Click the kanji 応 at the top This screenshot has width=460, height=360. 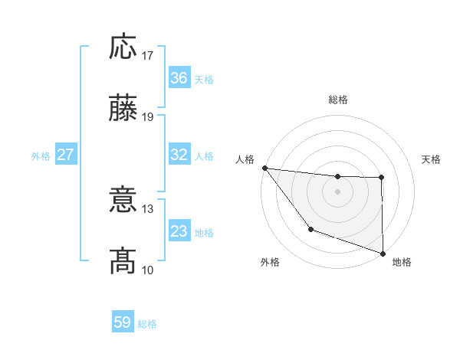[x=123, y=47]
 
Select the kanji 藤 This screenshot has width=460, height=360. [x=123, y=109]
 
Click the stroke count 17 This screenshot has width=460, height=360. [x=149, y=56]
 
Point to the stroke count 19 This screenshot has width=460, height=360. [x=149, y=117]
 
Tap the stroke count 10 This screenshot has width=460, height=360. [x=149, y=270]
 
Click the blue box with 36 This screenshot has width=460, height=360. [x=179, y=78]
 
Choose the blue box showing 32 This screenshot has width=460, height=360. [x=179, y=155]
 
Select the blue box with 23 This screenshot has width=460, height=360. [x=179, y=231]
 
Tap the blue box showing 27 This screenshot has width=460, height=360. [x=65, y=155]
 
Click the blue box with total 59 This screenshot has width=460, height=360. [x=123, y=322]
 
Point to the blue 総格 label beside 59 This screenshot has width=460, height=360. [x=147, y=324]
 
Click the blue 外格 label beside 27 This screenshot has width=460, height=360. [x=41, y=156]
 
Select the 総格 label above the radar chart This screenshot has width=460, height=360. [x=338, y=100]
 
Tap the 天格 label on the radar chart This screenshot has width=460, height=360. [x=431, y=159]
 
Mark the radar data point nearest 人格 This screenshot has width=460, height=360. [x=264, y=168]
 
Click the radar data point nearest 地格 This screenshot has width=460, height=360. [x=382, y=252]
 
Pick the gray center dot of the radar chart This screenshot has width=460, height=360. [x=338, y=191]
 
